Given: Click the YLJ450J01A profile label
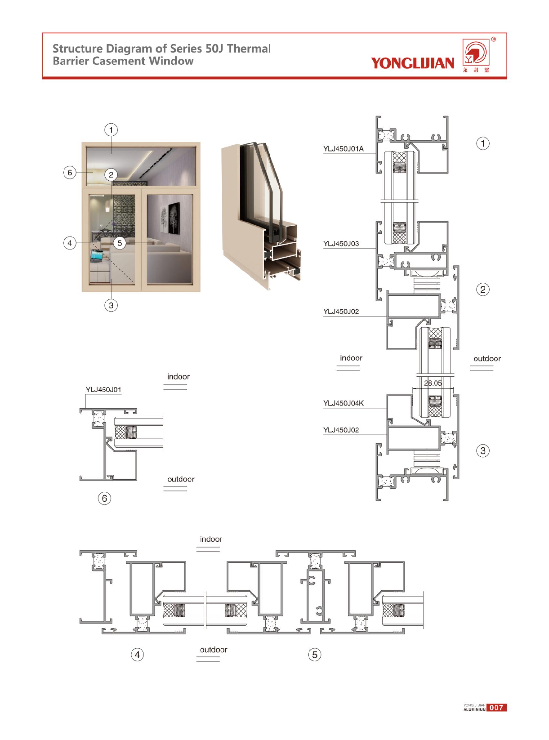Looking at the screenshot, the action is [x=343, y=149].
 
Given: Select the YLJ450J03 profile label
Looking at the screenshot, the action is [x=341, y=244].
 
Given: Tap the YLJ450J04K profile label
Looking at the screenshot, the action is [x=343, y=403].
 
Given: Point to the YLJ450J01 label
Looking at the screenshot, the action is [x=103, y=389].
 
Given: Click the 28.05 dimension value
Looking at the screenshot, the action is [x=433, y=383].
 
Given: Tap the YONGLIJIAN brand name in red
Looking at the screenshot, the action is [x=412, y=63].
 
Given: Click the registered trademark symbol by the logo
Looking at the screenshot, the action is [x=494, y=40].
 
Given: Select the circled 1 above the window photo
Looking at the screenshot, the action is [x=111, y=130].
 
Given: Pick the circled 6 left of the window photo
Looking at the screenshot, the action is [x=70, y=173].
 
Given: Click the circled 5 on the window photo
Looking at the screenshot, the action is [x=120, y=243].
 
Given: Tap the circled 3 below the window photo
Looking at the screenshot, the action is [x=111, y=305].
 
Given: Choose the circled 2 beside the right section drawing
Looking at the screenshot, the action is [x=483, y=290].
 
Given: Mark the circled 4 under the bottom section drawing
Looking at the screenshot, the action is [x=137, y=655].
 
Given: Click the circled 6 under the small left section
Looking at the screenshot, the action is [x=104, y=498].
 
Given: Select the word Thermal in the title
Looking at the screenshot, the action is [x=249, y=49].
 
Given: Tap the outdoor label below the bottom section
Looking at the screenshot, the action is [x=213, y=650].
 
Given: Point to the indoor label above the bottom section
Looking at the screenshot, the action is [x=211, y=539].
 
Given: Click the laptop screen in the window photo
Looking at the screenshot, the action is [x=96, y=255].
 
